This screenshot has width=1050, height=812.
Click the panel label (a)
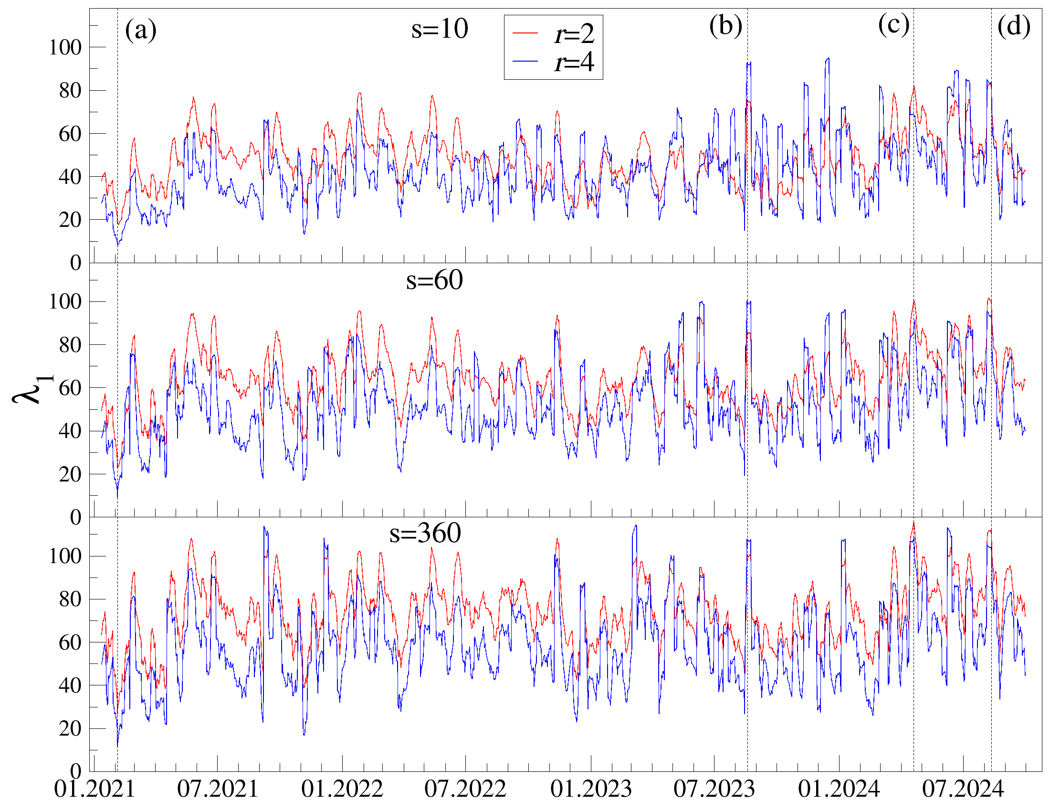[140, 30]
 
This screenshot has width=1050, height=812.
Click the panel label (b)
[725, 26]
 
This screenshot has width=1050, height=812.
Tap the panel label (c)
[893, 24]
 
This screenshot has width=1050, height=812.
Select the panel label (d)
[1013, 26]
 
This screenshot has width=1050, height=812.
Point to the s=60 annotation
[434, 280]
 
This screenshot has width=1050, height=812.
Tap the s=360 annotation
[425, 533]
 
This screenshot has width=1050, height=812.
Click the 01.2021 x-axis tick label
[94, 790]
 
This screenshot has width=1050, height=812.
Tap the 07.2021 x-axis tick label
[218, 790]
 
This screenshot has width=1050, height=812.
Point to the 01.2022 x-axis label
[342, 790]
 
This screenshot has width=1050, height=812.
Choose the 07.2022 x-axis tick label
[465, 790]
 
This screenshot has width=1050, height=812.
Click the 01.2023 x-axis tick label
[591, 790]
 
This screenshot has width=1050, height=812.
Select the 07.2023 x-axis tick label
[714, 790]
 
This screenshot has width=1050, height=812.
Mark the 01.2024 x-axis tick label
[839, 790]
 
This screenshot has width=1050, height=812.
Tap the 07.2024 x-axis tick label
[963, 790]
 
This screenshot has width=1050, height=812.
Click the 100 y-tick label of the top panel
[65, 48]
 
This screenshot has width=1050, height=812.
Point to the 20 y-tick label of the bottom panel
[70, 729]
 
